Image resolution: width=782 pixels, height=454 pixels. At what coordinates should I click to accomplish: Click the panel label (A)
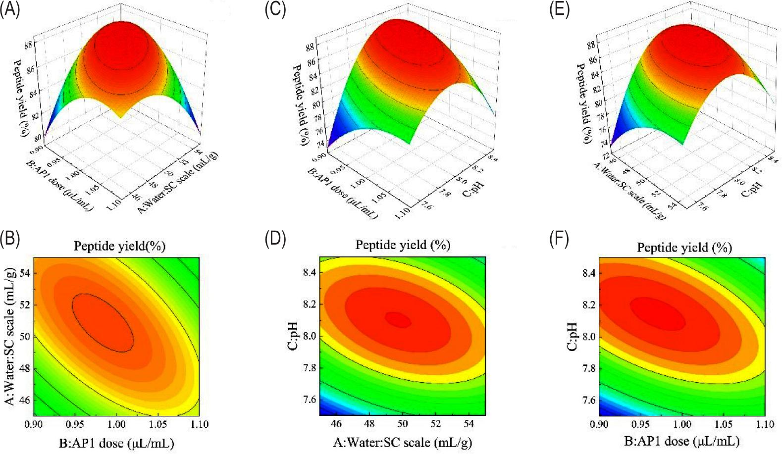coord(10,10)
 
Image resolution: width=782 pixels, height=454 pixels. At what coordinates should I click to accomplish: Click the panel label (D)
coord(275,239)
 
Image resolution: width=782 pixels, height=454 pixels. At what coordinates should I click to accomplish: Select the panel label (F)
coord(559,239)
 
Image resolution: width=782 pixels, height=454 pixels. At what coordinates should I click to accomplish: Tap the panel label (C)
coord(275,10)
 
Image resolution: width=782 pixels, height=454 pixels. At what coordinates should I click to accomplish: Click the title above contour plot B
coord(119,246)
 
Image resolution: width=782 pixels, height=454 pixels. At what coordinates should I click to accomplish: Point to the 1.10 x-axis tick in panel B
coord(199,424)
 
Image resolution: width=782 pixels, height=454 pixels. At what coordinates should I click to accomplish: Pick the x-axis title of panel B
coord(116,443)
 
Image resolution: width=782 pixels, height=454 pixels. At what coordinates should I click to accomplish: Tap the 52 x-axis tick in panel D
coord(435,424)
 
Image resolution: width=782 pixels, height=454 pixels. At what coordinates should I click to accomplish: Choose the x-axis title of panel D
coord(402,442)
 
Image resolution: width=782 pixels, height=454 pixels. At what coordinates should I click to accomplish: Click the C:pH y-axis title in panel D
coord(293,336)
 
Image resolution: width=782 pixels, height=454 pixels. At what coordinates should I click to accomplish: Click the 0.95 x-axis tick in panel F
coord(641,424)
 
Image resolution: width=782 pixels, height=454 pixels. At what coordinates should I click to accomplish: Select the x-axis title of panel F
coord(681,441)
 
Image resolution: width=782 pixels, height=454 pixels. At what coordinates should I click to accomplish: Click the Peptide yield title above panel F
coord(684,247)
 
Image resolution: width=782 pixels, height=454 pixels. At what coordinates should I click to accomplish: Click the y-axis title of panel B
coord(10,336)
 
